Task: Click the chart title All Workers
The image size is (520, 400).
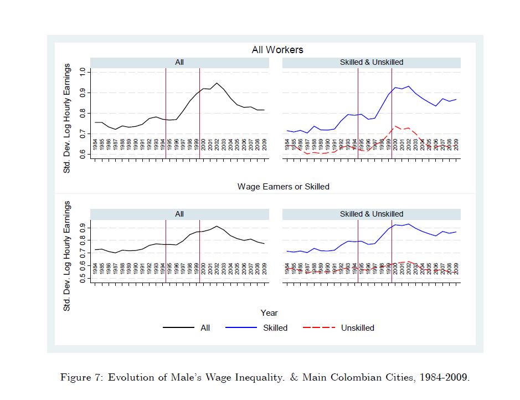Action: pyautogui.click(x=277, y=50)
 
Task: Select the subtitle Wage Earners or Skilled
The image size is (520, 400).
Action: pyautogui.click(x=283, y=187)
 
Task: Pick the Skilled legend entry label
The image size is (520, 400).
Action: pyautogui.click(x=275, y=328)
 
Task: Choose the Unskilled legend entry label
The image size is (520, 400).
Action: pyautogui.click(x=357, y=328)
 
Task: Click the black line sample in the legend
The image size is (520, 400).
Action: pyautogui.click(x=178, y=328)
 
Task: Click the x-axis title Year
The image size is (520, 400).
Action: pyautogui.click(x=269, y=313)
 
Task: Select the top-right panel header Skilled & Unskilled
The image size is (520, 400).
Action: pyautogui.click(x=371, y=63)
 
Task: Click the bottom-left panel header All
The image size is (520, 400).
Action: pyautogui.click(x=179, y=214)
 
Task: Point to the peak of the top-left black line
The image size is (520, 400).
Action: pyautogui.click(x=217, y=83)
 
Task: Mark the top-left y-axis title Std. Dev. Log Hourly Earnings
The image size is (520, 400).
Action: pyautogui.click(x=68, y=111)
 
